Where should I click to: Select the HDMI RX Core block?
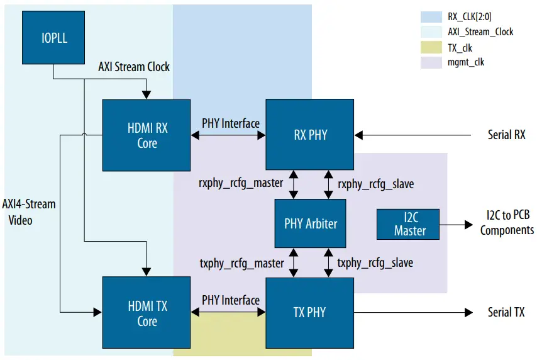pyautogui.click(x=147, y=135)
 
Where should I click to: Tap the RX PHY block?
pyautogui.click(x=309, y=135)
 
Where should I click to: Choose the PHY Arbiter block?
pyautogui.click(x=311, y=223)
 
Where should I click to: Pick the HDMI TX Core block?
pyautogui.click(x=147, y=313)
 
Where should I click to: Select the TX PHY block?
pyautogui.click(x=309, y=313)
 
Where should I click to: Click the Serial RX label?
pyautogui.click(x=506, y=135)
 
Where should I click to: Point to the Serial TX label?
pyautogui.click(x=506, y=313)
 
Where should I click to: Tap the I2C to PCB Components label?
pyautogui.click(x=507, y=223)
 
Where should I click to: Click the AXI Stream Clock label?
pyautogui.click(x=134, y=66)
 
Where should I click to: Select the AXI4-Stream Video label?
pyautogui.click(x=29, y=212)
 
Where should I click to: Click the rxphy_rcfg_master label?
pyautogui.click(x=241, y=184)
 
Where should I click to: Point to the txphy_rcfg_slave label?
pyautogui.click(x=375, y=262)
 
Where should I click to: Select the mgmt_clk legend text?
pyautogui.click(x=466, y=62)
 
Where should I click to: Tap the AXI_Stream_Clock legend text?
pyautogui.click(x=480, y=32)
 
